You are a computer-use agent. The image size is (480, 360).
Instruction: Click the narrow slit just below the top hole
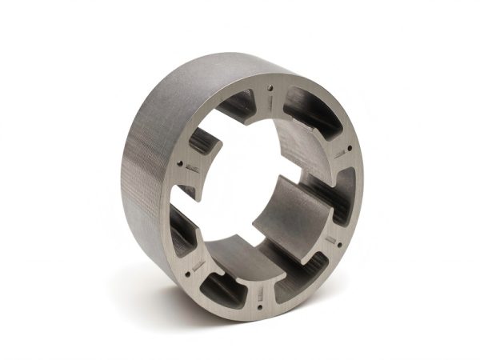(x=271, y=102)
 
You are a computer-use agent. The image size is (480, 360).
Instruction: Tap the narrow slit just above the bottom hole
(x=264, y=288)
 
